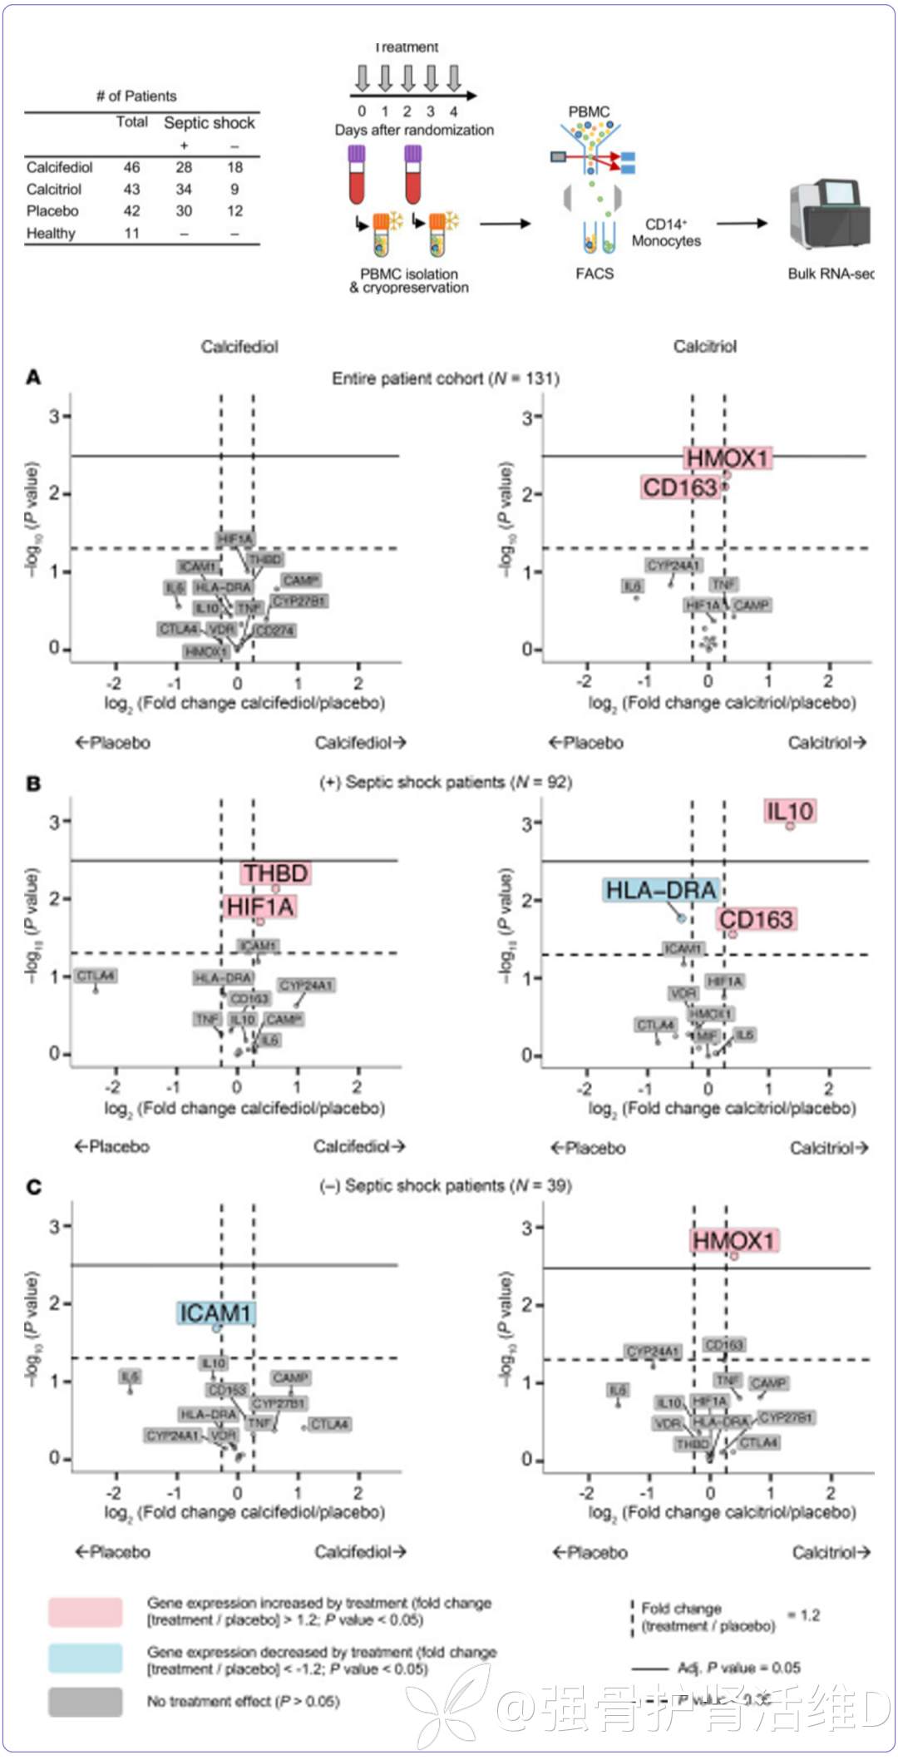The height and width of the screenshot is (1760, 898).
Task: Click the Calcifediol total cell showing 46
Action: [x=131, y=167]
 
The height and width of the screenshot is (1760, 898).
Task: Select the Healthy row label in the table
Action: [x=51, y=234]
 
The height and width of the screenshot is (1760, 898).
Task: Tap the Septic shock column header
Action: [x=209, y=123]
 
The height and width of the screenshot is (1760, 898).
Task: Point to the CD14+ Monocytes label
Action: [x=666, y=233]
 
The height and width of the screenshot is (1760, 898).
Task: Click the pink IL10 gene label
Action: [x=790, y=811]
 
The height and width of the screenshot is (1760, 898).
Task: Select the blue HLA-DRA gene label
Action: [x=661, y=891]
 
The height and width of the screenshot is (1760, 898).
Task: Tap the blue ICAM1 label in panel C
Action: [x=216, y=1313]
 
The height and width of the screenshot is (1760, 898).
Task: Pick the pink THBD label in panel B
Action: [x=275, y=873]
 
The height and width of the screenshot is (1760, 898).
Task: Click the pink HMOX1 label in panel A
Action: [x=728, y=458]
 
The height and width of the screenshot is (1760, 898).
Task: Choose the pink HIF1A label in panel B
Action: [x=260, y=907]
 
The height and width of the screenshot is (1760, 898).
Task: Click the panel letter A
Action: [x=33, y=378]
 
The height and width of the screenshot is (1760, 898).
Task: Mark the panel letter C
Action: [x=33, y=1187]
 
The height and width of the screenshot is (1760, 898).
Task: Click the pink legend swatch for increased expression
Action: [x=85, y=1612]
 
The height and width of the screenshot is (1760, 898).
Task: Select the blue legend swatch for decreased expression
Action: [x=85, y=1659]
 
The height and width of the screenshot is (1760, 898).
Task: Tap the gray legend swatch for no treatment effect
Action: [x=85, y=1702]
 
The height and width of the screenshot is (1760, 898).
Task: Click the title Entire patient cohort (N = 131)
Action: [x=446, y=379]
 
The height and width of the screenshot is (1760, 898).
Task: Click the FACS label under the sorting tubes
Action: [x=595, y=274]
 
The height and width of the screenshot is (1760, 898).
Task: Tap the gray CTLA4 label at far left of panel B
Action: [x=96, y=976]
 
